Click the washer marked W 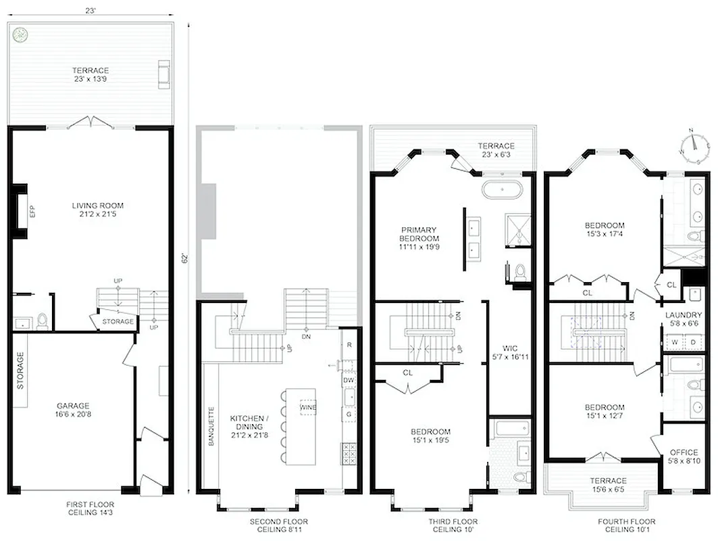click(673, 342)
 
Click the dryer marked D click(693, 342)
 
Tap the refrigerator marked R click(349, 345)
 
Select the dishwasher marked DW click(349, 381)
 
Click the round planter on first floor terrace click(21, 34)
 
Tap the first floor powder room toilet click(42, 319)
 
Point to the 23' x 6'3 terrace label click(496, 150)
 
